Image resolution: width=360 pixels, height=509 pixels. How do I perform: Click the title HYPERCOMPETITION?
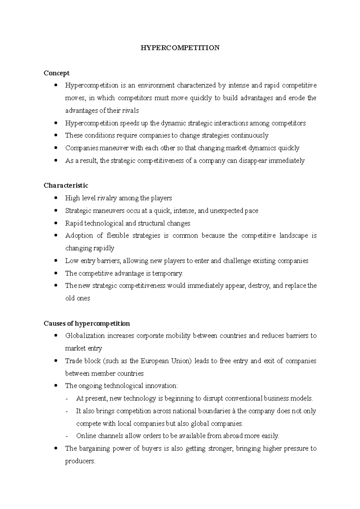[180, 48]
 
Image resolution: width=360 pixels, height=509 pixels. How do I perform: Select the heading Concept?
[56, 73]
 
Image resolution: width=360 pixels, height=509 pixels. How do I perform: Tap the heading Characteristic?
[66, 186]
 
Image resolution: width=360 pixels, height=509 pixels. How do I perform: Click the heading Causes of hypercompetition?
[87, 323]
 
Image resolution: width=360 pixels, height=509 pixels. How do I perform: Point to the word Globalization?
[85, 336]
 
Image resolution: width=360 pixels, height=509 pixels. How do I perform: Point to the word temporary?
[167, 273]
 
